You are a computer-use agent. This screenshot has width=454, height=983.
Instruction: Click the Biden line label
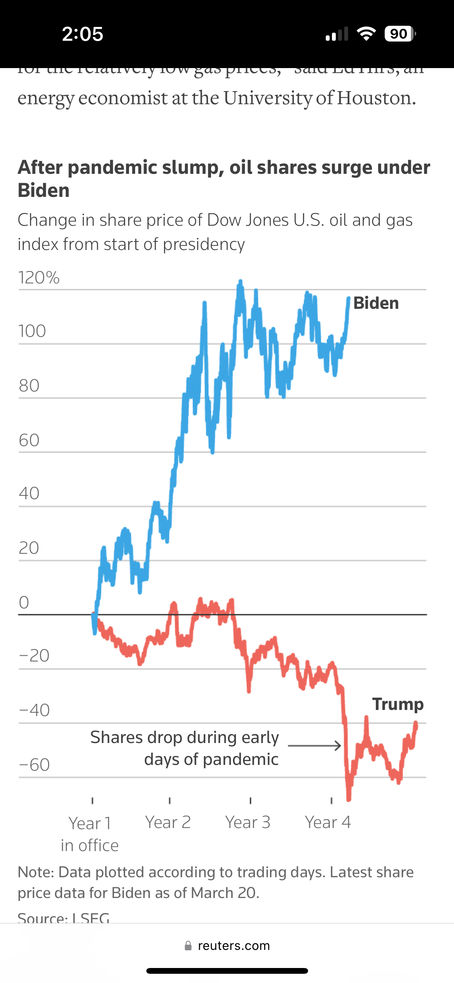click(376, 303)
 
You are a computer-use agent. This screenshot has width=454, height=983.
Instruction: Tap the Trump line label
click(398, 704)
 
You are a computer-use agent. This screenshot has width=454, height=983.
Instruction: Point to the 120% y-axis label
click(39, 278)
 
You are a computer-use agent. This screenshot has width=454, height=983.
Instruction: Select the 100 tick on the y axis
click(32, 331)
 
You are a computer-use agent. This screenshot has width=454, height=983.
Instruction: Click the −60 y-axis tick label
click(34, 765)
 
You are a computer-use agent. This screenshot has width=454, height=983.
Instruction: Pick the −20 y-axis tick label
click(34, 656)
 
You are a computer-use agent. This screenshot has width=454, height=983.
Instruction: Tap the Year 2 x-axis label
click(168, 822)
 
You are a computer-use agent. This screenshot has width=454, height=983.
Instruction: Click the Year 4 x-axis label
click(328, 822)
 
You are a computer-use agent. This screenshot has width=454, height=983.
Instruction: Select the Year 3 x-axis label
click(248, 822)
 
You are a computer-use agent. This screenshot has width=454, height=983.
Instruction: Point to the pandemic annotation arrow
click(314, 746)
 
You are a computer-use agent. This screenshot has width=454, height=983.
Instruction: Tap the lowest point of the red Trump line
click(348, 799)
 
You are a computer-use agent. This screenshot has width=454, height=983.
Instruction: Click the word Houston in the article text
click(377, 98)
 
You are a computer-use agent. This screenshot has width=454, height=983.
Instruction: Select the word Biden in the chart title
click(44, 190)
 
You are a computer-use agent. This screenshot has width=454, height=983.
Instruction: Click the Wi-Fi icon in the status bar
click(366, 34)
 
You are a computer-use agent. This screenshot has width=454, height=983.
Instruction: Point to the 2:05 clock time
click(82, 34)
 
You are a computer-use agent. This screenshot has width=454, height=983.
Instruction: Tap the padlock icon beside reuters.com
click(188, 946)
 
